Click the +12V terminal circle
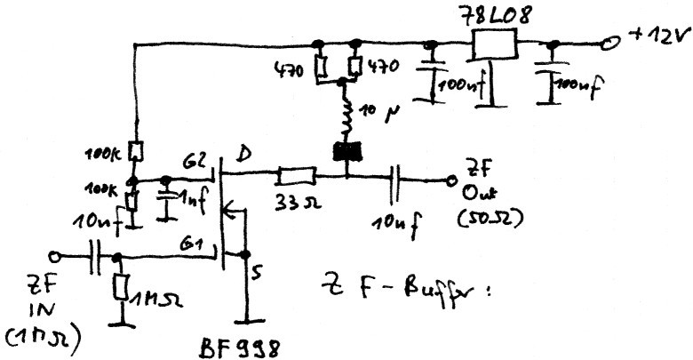pyautogui.click(x=611, y=43)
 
